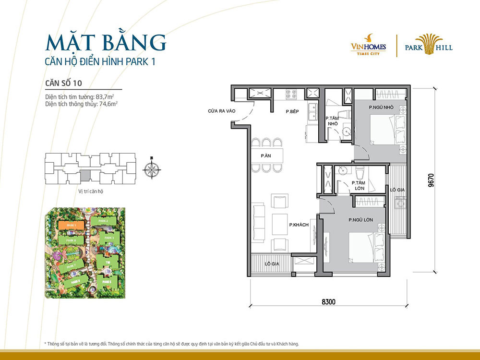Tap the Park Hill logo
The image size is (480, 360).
(x=428, y=46)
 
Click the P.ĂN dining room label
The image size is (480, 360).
(x=266, y=156)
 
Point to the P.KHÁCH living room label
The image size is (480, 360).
(x=298, y=225)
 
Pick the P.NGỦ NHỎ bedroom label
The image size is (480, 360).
(x=381, y=108)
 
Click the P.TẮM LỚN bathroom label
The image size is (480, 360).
(x=359, y=185)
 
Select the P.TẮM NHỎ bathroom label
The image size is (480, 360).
(x=333, y=120)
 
